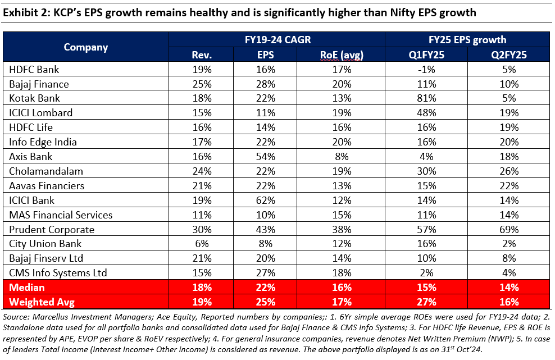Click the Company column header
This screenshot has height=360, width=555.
pyautogui.click(x=85, y=47)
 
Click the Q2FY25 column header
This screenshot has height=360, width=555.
pyautogui.click(x=511, y=54)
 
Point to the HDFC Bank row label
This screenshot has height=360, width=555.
pyautogui.click(x=34, y=70)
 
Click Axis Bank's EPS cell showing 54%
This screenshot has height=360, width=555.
pyautogui.click(x=266, y=157)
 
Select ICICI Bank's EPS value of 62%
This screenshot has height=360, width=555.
pyautogui.click(x=266, y=200)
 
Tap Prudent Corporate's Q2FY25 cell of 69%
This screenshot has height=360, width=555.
pyautogui.click(x=511, y=229)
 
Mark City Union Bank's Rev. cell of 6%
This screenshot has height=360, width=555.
pyautogui.click(x=202, y=244)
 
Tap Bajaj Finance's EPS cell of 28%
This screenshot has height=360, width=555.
pyautogui.click(x=266, y=84)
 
